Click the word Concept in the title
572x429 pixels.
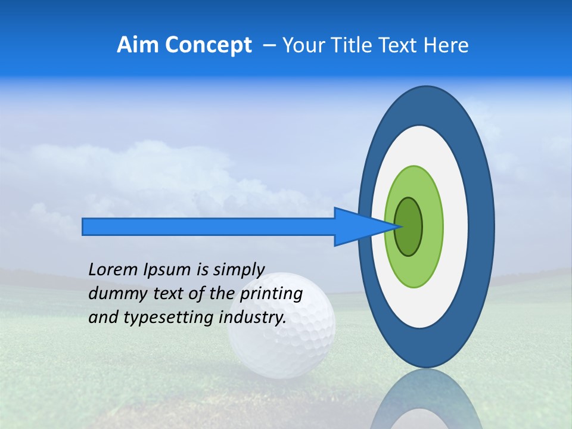coord(208,45)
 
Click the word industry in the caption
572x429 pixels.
coord(252,318)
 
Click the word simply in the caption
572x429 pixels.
coord(238,270)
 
